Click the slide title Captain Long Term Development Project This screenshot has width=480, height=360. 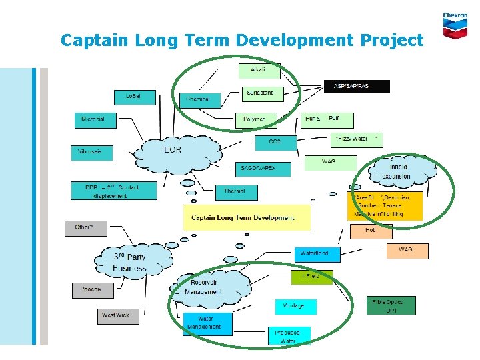pos(241,40)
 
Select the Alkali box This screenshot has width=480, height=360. pos(259,70)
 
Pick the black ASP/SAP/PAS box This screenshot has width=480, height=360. pos(357,86)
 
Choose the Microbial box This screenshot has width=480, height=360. pos(94,120)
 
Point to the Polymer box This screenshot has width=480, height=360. pos(255,119)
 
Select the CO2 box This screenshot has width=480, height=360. pos(273,142)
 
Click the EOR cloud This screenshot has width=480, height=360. pos(171,151)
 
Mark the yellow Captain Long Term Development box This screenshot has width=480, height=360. pos(247,217)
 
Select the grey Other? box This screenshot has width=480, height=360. pos(85,228)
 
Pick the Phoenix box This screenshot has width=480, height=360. pos(93,290)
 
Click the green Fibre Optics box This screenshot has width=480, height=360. pos(391,305)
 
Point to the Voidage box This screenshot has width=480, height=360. pos(295,306)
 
